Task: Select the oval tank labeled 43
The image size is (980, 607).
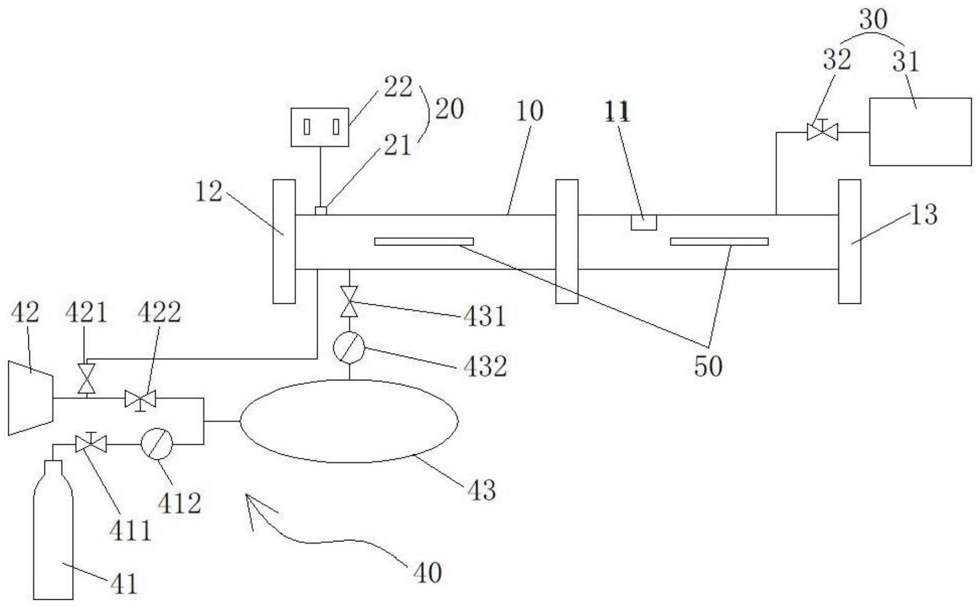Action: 349,421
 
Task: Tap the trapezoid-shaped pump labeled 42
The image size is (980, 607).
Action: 31,398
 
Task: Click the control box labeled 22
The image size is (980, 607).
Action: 320,127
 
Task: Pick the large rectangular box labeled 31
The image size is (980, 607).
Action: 919,132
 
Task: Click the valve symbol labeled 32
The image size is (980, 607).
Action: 822,132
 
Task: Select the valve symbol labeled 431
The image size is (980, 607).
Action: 349,302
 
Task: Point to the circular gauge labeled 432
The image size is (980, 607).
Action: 349,349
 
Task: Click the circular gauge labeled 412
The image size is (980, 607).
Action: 157,444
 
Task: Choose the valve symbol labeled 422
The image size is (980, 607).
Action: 140,399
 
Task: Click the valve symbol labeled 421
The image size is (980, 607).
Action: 86,378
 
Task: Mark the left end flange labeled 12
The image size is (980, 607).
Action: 284,242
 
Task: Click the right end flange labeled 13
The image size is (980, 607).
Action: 849,242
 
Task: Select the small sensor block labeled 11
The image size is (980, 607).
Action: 644,222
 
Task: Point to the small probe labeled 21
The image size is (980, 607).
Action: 320,210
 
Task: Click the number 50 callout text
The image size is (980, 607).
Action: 708,366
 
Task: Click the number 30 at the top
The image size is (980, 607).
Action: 873,20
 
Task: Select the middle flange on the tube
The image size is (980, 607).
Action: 566,242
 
